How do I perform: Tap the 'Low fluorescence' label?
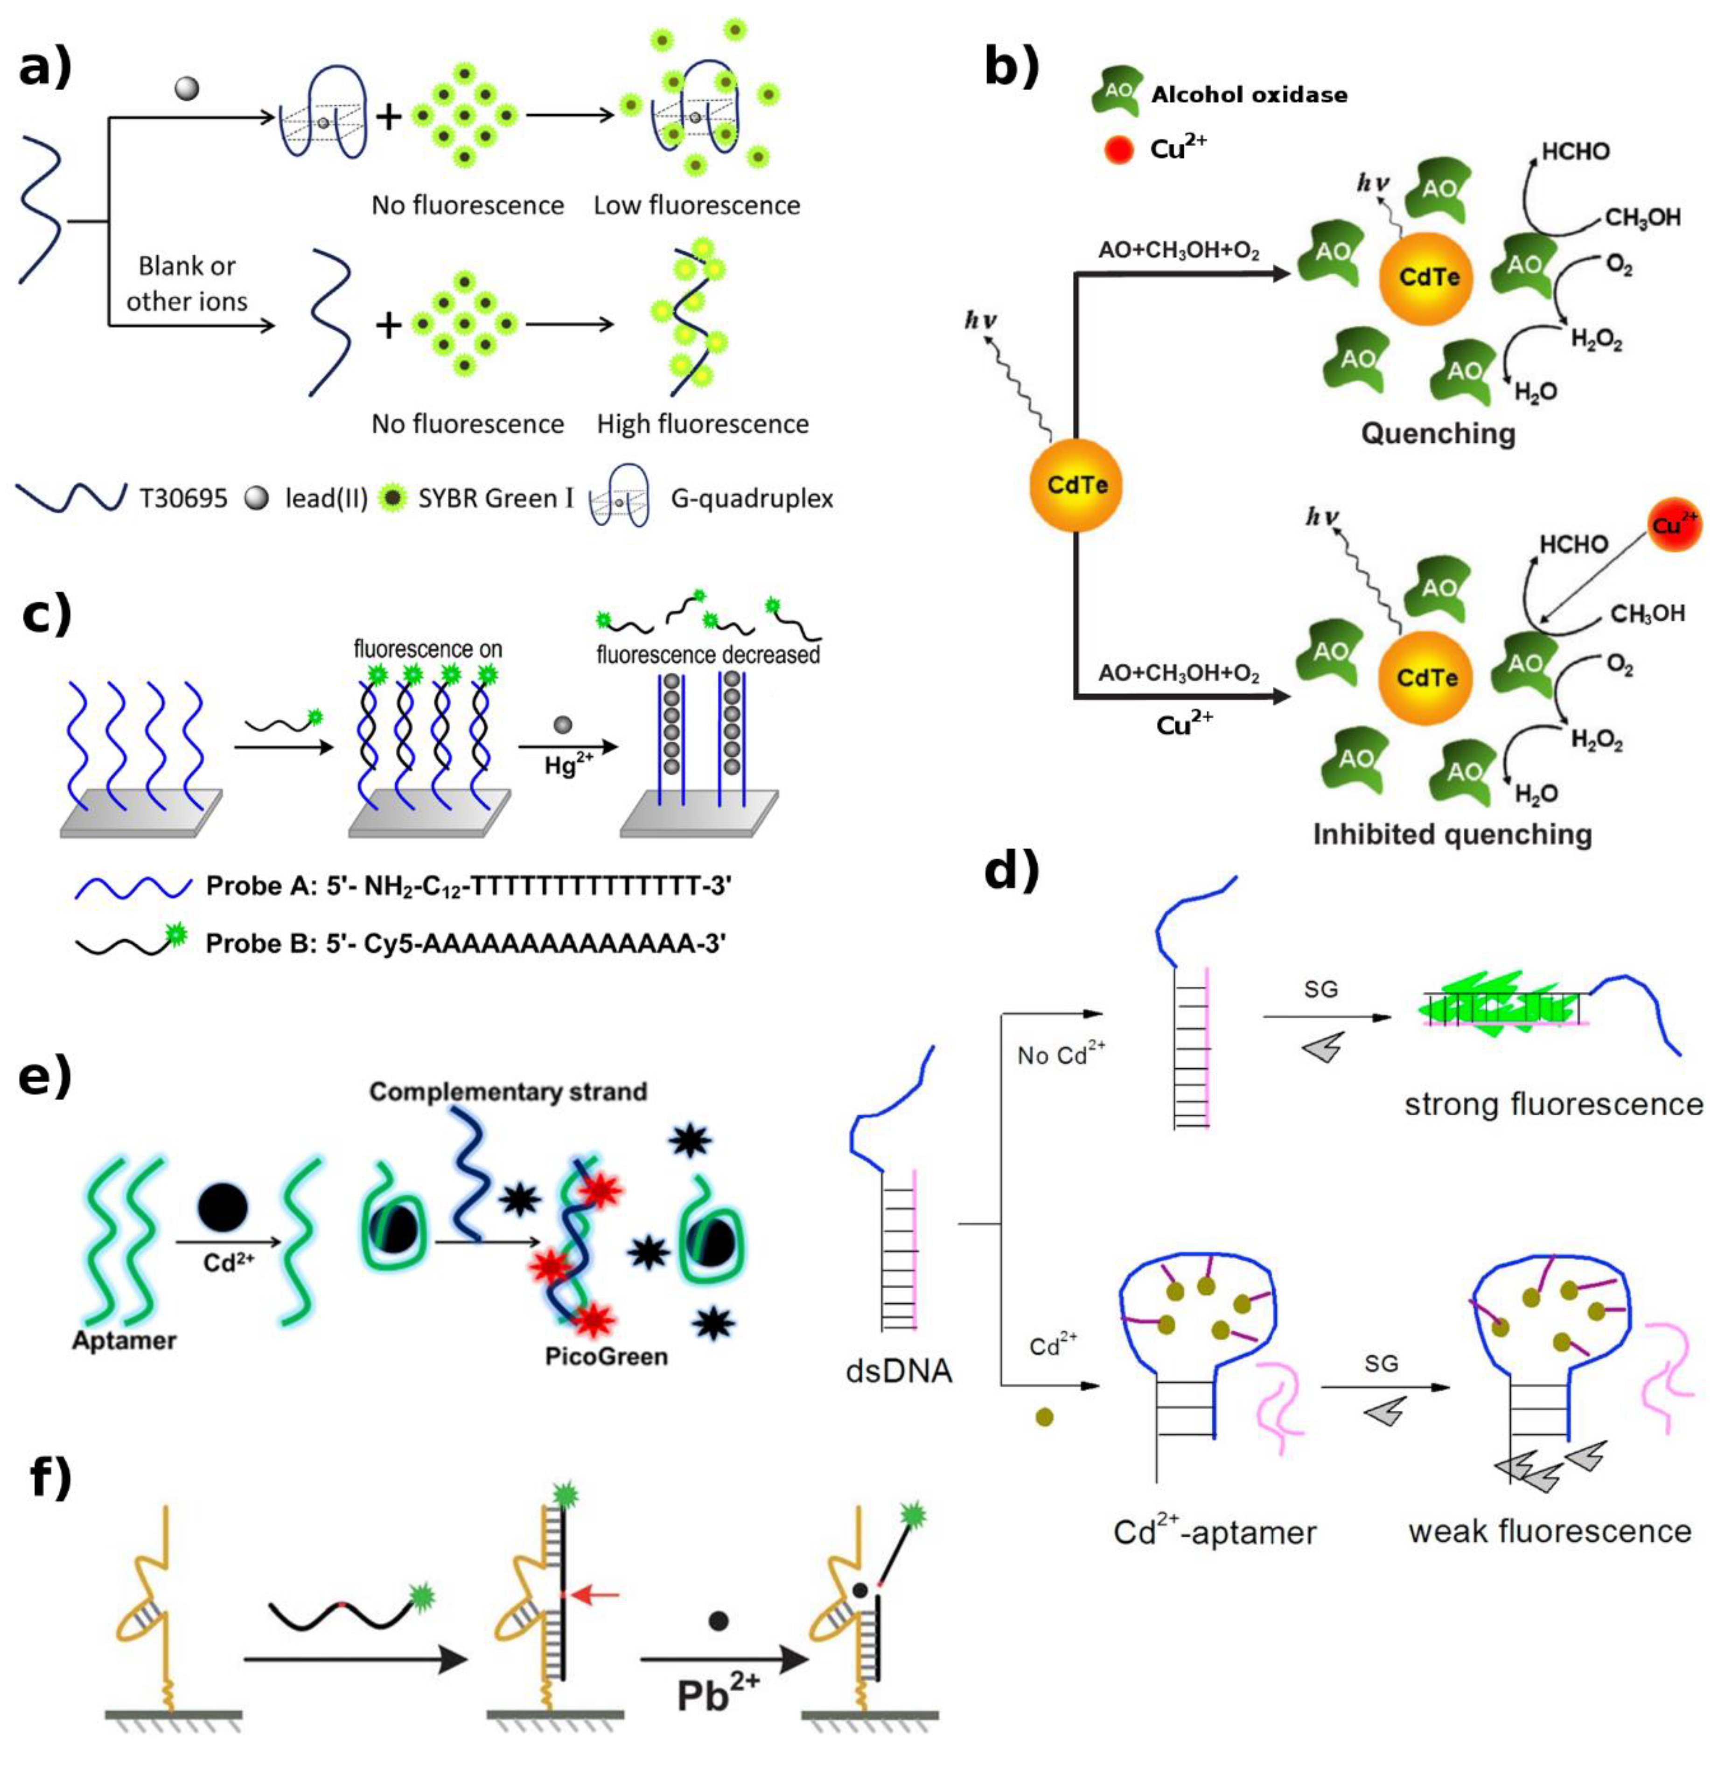pyautogui.click(x=696, y=206)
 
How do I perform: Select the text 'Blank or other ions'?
pyautogui.click(x=187, y=284)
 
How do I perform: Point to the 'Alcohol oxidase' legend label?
pyautogui.click(x=1249, y=94)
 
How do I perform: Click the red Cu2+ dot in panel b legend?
pyautogui.click(x=1120, y=149)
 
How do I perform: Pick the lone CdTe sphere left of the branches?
pyautogui.click(x=1076, y=485)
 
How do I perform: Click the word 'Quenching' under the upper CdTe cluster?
pyautogui.click(x=1438, y=434)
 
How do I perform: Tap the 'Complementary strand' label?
pyautogui.click(x=508, y=1092)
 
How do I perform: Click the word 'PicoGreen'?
pyautogui.click(x=607, y=1356)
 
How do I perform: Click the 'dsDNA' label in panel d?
pyautogui.click(x=899, y=1371)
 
